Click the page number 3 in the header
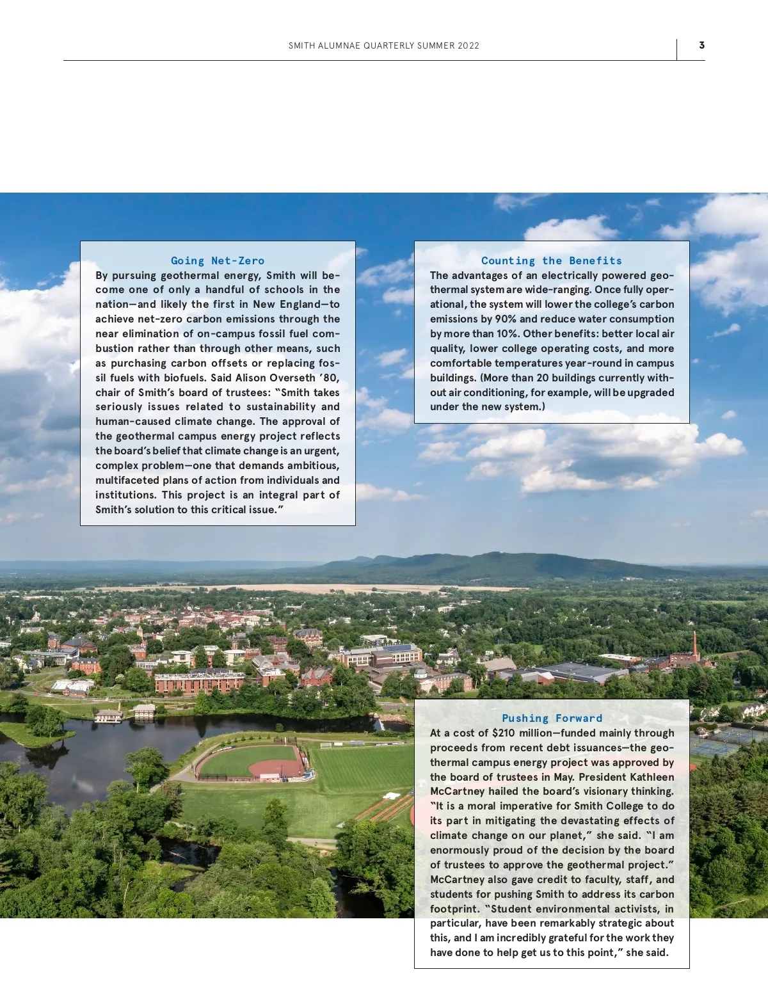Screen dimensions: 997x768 (x=701, y=45)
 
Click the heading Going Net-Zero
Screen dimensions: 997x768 (x=218, y=260)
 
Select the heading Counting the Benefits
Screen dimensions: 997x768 (x=552, y=260)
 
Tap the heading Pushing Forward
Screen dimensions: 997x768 (x=552, y=718)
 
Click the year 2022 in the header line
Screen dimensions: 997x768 (x=468, y=46)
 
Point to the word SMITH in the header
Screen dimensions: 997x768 (x=302, y=46)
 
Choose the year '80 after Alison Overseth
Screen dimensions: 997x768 (x=330, y=378)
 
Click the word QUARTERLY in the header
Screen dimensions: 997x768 (x=388, y=46)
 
